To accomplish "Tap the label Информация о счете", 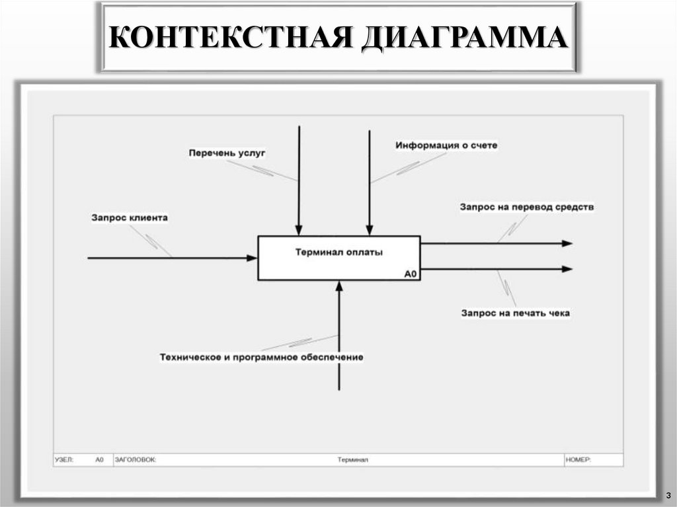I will click(446, 145).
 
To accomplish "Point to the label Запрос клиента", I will click(130, 217).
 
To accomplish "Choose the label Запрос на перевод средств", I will click(527, 207).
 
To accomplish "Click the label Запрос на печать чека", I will click(515, 313).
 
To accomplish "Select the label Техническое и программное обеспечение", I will click(261, 357).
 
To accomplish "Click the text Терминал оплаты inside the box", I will click(339, 251).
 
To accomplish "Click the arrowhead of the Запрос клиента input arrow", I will click(252, 258).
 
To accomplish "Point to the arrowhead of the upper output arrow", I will click(567, 243).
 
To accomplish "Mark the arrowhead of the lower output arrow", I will click(567, 269).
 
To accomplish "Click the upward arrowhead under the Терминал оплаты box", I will click(339, 286).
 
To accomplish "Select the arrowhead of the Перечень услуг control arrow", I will click(299, 231).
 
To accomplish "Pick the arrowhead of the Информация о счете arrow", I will click(369, 231).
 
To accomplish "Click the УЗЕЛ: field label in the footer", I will click(65, 459).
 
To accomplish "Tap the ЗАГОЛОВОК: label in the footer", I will click(136, 459).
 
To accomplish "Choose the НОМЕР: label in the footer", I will click(578, 459).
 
